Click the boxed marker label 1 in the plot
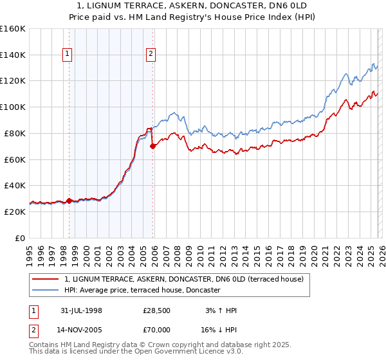tap(67, 55)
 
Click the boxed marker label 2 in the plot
tap(151, 55)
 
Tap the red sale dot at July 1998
tap(69, 201)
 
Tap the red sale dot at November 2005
tap(153, 147)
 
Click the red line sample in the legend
tap(46, 279)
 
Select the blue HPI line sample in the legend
tap(46, 290)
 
